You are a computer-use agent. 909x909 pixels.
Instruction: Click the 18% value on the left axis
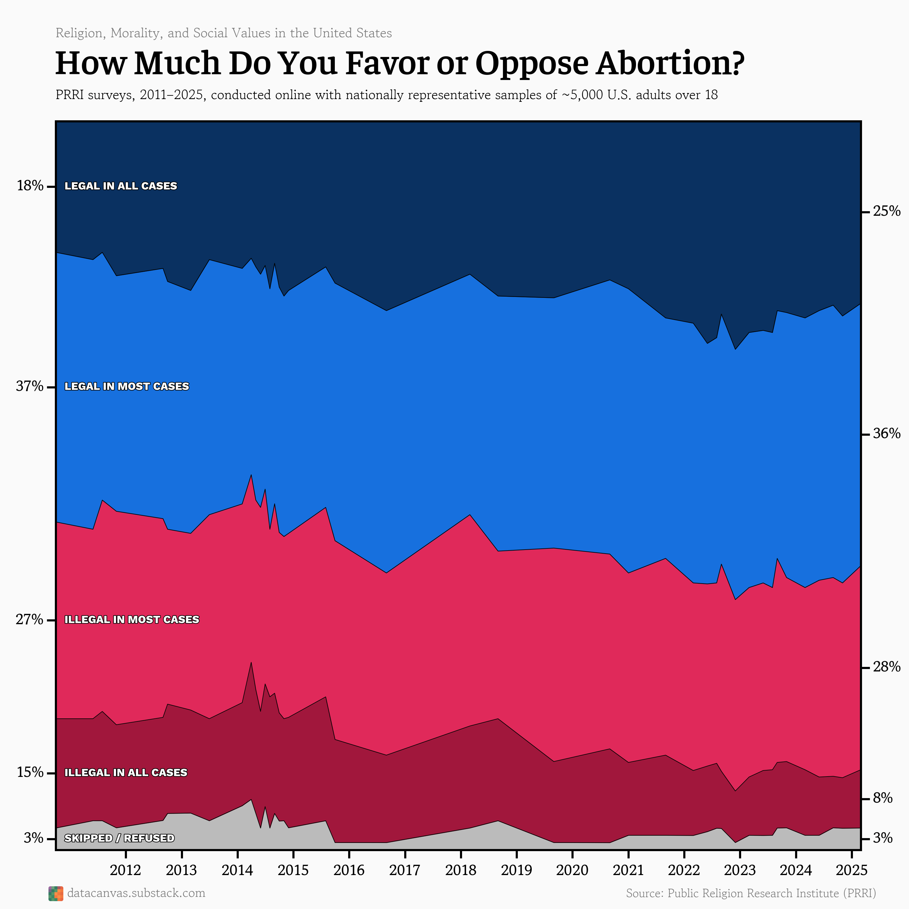pyautogui.click(x=30, y=186)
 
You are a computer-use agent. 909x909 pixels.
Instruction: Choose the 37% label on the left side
pyautogui.click(x=30, y=386)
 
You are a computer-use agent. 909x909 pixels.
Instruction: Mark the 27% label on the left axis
pyautogui.click(x=30, y=620)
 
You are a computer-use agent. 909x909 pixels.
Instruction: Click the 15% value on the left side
pyautogui.click(x=30, y=773)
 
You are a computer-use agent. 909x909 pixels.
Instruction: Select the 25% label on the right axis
pyautogui.click(x=886, y=211)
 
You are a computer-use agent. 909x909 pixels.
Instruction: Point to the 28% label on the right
pyautogui.click(x=886, y=667)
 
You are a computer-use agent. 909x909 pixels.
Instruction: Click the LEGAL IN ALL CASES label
pyautogui.click(x=121, y=186)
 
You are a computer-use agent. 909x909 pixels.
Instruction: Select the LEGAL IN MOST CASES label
pyautogui.click(x=127, y=386)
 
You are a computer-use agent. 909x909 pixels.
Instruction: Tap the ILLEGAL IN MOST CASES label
pyautogui.click(x=132, y=620)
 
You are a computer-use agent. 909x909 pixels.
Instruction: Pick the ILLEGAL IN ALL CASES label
pyautogui.click(x=126, y=773)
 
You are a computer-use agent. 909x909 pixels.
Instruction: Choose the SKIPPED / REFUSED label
pyautogui.click(x=119, y=838)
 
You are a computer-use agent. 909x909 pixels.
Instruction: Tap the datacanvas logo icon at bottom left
pyautogui.click(x=55, y=894)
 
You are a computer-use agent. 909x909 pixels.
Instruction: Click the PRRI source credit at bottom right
pyautogui.click(x=751, y=894)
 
